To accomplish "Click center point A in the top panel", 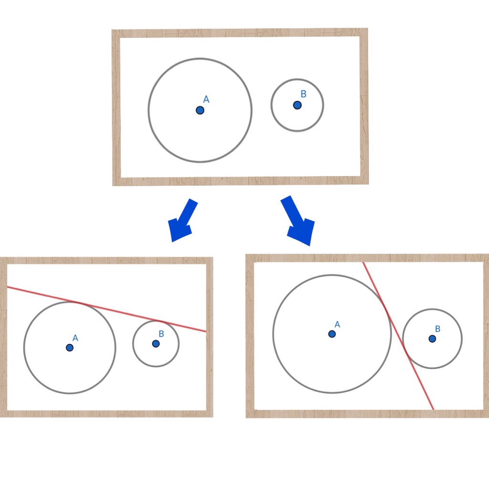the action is (x=200, y=110).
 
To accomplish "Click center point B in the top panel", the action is (x=297, y=105).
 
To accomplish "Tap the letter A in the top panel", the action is (x=206, y=99).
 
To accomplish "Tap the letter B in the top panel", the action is (x=303, y=94).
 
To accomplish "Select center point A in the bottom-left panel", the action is (x=70, y=348).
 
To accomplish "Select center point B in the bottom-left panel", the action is (x=156, y=344).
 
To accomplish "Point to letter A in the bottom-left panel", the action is (x=75, y=338).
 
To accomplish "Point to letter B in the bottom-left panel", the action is (x=161, y=334).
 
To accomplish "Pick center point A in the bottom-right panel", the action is (x=332, y=334).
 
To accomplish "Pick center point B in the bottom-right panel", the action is (x=432, y=339).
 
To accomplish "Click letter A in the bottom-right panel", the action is (x=337, y=324).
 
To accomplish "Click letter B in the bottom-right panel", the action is (x=437, y=329).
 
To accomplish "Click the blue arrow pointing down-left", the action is (x=183, y=221).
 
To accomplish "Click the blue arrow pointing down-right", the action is (x=298, y=221).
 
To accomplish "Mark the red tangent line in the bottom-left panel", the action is (x=106, y=309).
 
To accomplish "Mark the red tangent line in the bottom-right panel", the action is (x=398, y=336).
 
